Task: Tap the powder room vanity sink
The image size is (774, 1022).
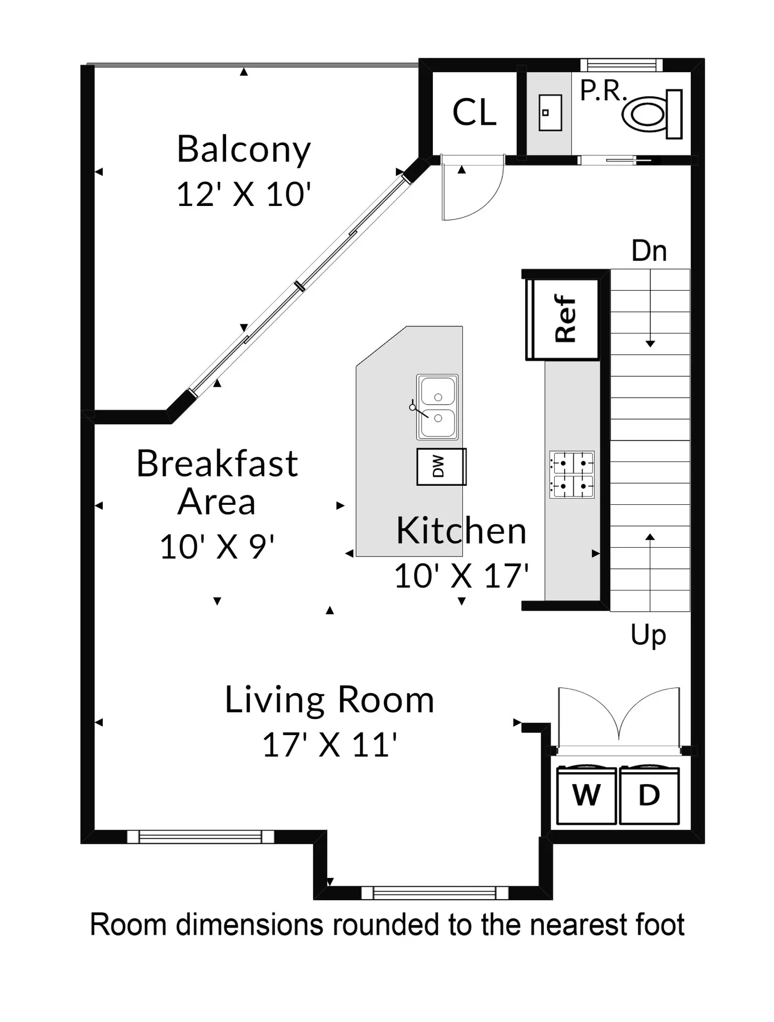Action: (550, 113)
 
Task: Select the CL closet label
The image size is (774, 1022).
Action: (474, 112)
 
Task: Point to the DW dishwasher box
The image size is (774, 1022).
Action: (441, 467)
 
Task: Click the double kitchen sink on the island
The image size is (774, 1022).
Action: (437, 407)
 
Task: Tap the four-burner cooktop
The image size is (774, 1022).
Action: (572, 474)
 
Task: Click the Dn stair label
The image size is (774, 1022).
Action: (649, 251)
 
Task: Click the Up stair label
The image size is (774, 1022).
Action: (648, 635)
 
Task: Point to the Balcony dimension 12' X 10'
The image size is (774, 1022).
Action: (244, 195)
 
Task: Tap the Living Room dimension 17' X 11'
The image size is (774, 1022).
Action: (330, 745)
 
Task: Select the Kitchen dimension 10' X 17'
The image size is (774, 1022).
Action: (461, 576)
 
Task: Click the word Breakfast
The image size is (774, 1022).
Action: (217, 463)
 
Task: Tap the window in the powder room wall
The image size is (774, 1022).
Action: (621, 65)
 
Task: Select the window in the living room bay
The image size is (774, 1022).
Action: (434, 892)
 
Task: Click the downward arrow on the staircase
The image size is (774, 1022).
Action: (650, 308)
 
